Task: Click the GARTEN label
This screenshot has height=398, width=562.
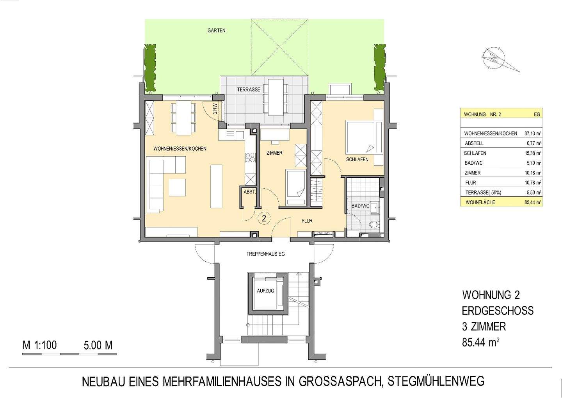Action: pyautogui.click(x=216, y=30)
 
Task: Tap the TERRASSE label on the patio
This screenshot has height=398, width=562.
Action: pyautogui.click(x=248, y=89)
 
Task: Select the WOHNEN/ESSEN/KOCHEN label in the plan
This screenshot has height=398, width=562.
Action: pyautogui.click(x=180, y=149)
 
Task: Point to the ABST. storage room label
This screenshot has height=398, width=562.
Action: pyautogui.click(x=249, y=192)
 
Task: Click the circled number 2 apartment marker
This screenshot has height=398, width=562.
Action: pyautogui.click(x=264, y=218)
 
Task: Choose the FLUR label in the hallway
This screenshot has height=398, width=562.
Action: pyautogui.click(x=307, y=221)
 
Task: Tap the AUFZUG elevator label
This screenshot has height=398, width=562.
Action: pyautogui.click(x=265, y=291)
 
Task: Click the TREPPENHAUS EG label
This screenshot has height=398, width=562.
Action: pyautogui.click(x=265, y=254)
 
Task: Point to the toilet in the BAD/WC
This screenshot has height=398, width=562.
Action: pyautogui.click(x=374, y=225)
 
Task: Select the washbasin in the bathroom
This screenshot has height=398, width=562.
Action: pyautogui.click(x=375, y=207)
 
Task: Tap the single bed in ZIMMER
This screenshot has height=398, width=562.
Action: pyautogui.click(x=296, y=187)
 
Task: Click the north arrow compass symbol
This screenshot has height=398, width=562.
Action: pyautogui.click(x=498, y=59)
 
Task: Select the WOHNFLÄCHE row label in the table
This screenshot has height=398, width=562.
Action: pyautogui.click(x=480, y=202)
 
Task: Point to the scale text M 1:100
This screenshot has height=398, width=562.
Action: pyautogui.click(x=40, y=345)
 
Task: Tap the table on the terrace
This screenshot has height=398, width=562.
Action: pyautogui.click(x=276, y=97)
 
